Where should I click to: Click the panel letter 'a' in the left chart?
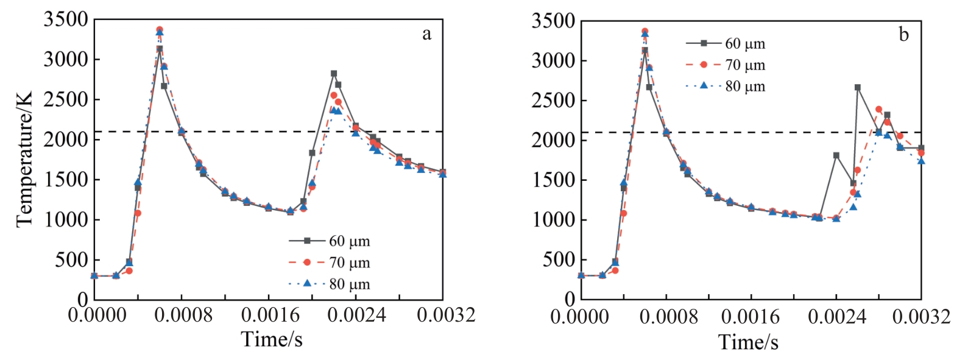pyautogui.click(x=427, y=34)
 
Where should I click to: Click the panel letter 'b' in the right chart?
pyautogui.click(x=903, y=35)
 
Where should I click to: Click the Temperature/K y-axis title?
pyautogui.click(x=24, y=160)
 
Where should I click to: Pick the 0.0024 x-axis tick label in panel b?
pyautogui.click(x=836, y=317)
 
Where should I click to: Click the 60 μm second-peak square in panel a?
pyautogui.click(x=334, y=74)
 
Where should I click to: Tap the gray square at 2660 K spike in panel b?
pyautogui.click(x=858, y=87)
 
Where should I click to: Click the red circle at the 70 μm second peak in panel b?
pyautogui.click(x=878, y=110)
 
